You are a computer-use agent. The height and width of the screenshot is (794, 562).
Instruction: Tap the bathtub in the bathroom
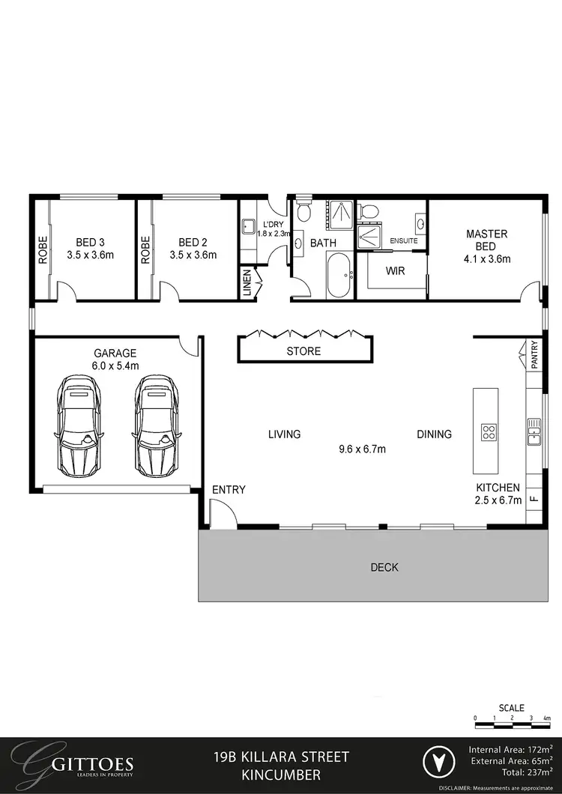click(339, 275)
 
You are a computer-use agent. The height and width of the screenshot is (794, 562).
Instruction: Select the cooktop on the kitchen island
click(488, 431)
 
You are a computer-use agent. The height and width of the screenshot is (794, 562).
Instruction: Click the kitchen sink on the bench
click(534, 431)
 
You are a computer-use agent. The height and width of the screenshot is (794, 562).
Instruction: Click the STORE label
click(303, 351)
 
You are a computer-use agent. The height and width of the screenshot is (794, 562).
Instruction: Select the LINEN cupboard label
click(248, 284)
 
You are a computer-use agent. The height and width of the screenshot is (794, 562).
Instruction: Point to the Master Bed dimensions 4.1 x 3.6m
click(486, 260)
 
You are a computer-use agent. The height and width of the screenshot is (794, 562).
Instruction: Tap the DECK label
click(384, 567)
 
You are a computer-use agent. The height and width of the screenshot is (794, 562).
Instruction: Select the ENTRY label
click(229, 489)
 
